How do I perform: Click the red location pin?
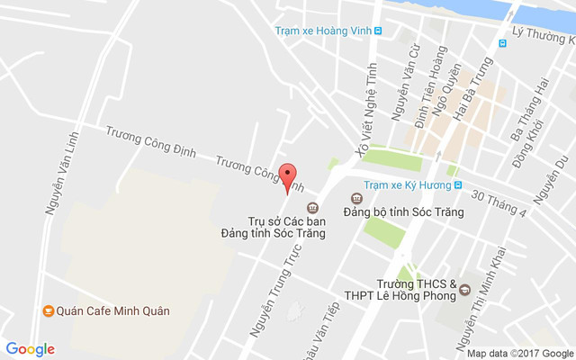(x=288, y=177)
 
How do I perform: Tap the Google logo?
(x=31, y=349)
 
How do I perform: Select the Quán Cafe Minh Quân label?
(x=112, y=311)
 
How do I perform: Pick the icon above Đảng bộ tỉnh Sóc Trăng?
(x=354, y=195)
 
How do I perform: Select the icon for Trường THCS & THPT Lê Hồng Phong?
(x=464, y=290)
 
